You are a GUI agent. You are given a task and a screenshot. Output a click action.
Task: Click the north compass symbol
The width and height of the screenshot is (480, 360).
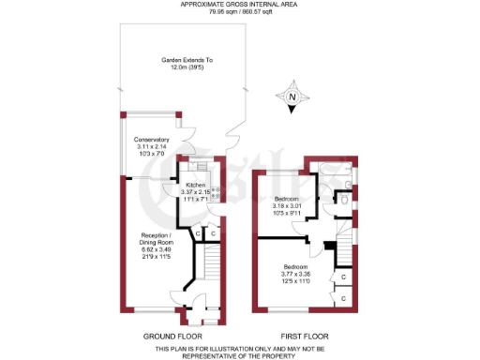[292, 97]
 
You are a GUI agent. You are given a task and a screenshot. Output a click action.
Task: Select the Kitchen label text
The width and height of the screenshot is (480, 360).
[194, 186]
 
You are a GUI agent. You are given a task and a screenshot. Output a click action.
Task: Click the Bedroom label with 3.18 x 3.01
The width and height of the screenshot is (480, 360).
[288, 200]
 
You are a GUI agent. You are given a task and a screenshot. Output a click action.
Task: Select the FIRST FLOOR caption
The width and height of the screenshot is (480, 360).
[305, 336]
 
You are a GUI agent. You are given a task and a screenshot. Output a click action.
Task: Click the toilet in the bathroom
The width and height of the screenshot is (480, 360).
[344, 200]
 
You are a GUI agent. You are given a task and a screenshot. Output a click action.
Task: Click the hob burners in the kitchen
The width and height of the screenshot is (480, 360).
[216, 194]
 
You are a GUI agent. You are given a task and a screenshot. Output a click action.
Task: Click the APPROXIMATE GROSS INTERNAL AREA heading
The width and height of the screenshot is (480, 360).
[239, 5]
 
